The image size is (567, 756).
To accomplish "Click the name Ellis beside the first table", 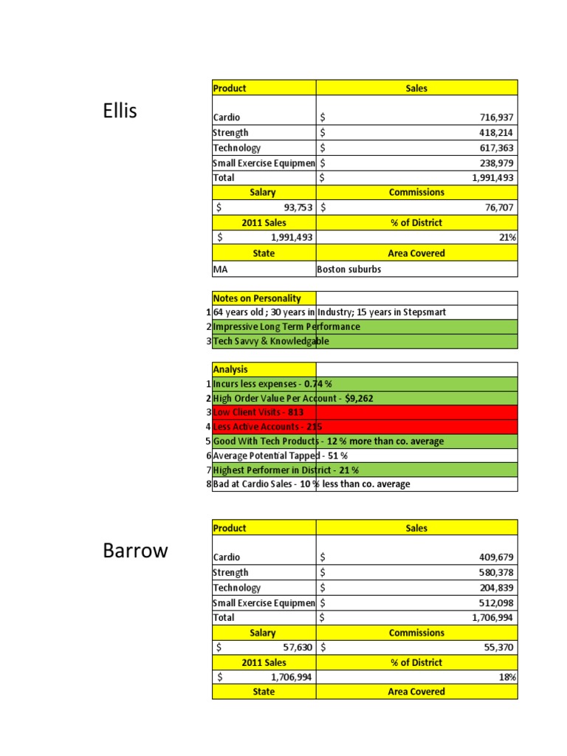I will [x=120, y=111].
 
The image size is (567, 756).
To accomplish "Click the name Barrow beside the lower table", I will [x=135, y=551].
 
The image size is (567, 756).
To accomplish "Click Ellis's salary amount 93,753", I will [x=294, y=208].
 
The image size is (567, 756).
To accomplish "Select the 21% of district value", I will [x=509, y=238].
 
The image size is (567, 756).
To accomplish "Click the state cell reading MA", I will [x=220, y=269].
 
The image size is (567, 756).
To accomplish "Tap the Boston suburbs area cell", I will [x=349, y=269].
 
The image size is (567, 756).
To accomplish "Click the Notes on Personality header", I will [x=257, y=298].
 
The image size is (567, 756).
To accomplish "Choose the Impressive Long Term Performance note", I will [x=286, y=326].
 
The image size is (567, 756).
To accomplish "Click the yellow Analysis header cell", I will [x=230, y=369].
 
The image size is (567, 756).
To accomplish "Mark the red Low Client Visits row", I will [x=258, y=412].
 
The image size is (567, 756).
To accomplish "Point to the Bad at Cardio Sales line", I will [x=311, y=484].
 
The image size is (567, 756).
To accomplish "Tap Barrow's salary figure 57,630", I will [x=294, y=647].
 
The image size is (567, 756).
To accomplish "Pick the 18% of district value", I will [x=509, y=677].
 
